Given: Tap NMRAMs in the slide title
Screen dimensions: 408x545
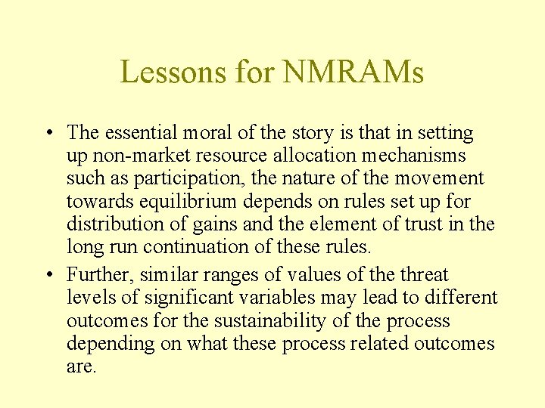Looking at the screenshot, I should point(353,73).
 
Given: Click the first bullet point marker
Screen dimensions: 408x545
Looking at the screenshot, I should point(48,134).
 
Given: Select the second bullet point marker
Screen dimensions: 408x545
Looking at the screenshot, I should point(48,275).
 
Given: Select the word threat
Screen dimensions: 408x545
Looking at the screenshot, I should point(425,275).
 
